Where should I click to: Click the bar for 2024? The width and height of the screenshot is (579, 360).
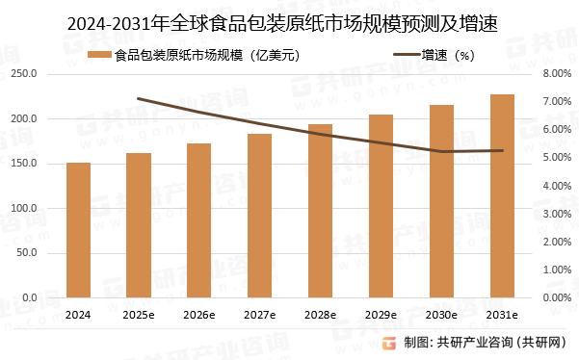pos(78,231)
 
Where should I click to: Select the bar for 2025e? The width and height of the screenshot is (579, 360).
pos(139,226)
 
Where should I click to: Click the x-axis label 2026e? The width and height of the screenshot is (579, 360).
pos(198,315)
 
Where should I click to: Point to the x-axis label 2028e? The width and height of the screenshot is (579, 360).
pos(320,315)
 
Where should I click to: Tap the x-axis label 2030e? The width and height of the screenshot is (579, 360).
pos(441,315)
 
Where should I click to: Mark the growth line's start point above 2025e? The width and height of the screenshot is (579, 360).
pos(139,98)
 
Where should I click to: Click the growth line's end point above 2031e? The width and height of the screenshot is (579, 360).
pos(502,150)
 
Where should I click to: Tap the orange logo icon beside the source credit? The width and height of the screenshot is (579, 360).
pos(388,343)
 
